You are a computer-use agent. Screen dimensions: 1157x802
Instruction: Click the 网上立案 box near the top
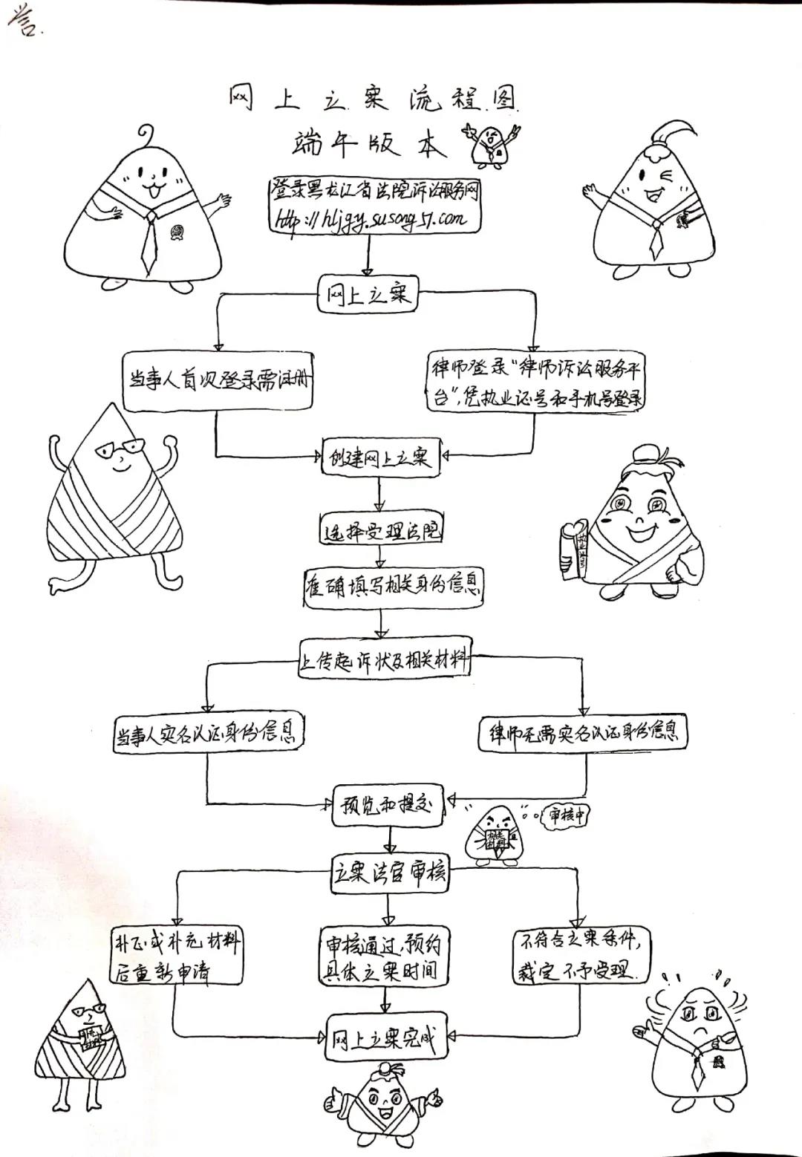368,295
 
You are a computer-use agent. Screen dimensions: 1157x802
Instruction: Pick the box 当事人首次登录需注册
217,382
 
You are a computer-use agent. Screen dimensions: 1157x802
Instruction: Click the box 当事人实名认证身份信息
207,734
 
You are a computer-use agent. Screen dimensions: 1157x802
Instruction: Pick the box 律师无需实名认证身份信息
583,734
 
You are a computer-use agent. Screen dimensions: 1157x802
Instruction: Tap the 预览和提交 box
387,805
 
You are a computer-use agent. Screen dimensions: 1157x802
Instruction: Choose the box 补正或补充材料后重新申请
176,956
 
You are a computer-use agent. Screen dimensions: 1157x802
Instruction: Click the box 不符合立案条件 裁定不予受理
583,955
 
